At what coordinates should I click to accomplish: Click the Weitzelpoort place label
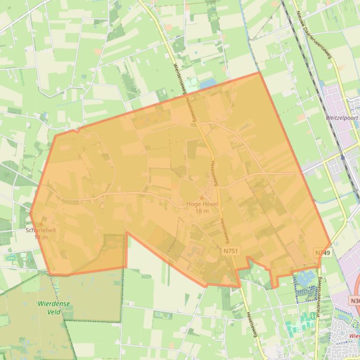click(x=342, y=118)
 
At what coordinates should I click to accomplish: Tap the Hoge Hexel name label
click(x=202, y=204)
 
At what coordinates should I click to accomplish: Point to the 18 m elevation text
click(x=202, y=211)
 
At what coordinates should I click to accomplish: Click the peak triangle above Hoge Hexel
click(x=202, y=198)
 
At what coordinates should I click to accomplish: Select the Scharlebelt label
click(x=41, y=230)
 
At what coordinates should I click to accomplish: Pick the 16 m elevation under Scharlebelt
click(x=41, y=237)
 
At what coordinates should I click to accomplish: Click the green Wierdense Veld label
click(x=54, y=308)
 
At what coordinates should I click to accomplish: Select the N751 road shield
click(x=231, y=251)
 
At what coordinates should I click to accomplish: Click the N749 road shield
click(x=323, y=252)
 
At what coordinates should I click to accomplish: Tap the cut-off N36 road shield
click(x=355, y=301)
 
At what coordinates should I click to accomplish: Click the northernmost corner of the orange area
click(x=259, y=72)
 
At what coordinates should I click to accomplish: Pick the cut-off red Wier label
click(x=354, y=336)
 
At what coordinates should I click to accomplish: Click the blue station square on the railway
click(x=343, y=158)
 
